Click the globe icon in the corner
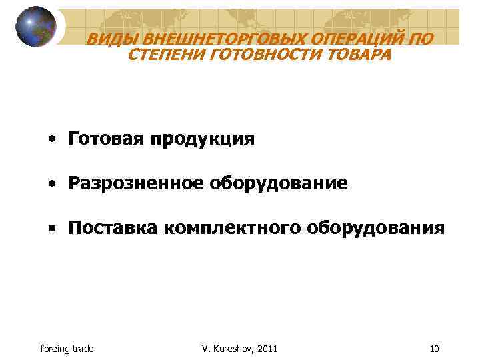[x=36, y=27]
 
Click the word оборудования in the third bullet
[x=375, y=228]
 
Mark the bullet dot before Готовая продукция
[x=51, y=139]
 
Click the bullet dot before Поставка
[x=51, y=229]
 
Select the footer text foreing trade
[x=67, y=349]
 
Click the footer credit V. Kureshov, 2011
[x=239, y=349]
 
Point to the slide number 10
[x=435, y=349]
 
